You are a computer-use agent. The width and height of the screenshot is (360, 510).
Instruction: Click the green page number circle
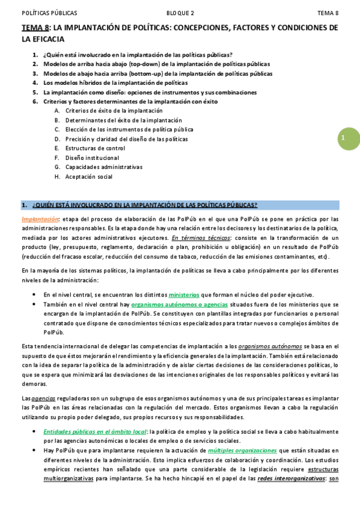tap(346, 138)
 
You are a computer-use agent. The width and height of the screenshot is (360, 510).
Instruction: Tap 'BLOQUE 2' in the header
tap(180, 13)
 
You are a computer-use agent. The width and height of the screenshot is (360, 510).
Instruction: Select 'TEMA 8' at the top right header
tap(328, 13)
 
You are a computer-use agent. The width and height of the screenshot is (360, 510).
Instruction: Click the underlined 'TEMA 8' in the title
tap(35, 28)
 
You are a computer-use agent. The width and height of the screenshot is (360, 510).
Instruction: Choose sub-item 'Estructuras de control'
tap(96, 148)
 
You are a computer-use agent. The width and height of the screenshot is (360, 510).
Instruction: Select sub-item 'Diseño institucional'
tap(93, 158)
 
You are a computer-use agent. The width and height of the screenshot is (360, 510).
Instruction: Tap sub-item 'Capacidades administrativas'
tap(104, 167)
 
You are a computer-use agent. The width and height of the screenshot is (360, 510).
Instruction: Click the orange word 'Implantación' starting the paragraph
tap(40, 219)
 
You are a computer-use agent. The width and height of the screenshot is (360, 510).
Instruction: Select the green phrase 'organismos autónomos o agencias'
tap(175, 305)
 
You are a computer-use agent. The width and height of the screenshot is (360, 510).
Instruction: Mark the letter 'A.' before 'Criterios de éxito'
tap(57, 111)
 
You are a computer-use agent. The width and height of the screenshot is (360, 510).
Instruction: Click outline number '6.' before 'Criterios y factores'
tap(35, 102)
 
